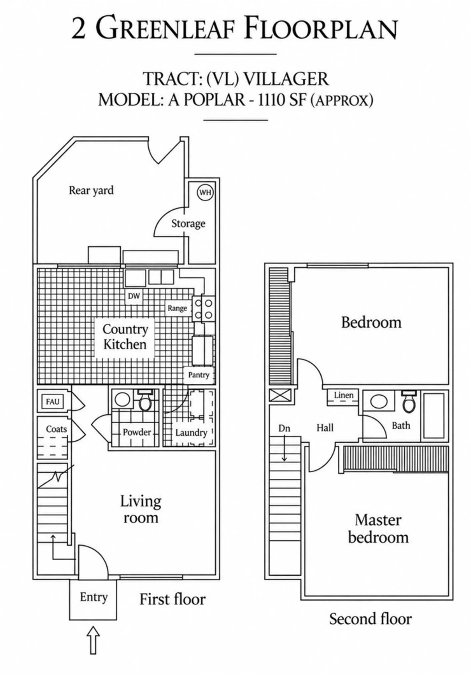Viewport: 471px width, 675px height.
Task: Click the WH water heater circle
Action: pos(205,193)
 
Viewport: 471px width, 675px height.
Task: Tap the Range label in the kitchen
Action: pos(177,308)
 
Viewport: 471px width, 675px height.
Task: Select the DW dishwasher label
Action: pos(134,296)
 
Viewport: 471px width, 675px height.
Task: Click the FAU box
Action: pos(53,401)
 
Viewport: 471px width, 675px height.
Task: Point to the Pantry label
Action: pos(199,375)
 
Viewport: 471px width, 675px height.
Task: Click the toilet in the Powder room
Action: pos(145,400)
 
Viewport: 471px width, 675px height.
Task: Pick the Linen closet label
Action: pos(344,395)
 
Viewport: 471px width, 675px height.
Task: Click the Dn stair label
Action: pos(284,429)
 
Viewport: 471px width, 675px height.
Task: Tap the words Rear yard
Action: pos(91,190)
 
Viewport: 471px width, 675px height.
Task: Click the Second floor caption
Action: pos(370,619)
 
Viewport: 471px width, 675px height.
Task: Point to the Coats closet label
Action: pos(57,429)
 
